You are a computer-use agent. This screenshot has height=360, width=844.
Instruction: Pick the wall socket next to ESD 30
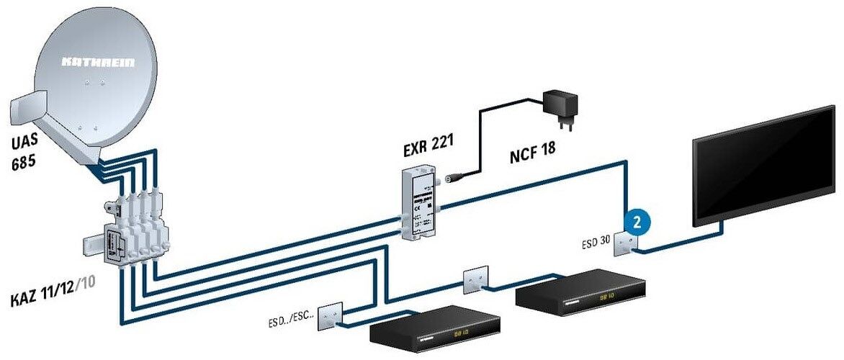tap(621, 246)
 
